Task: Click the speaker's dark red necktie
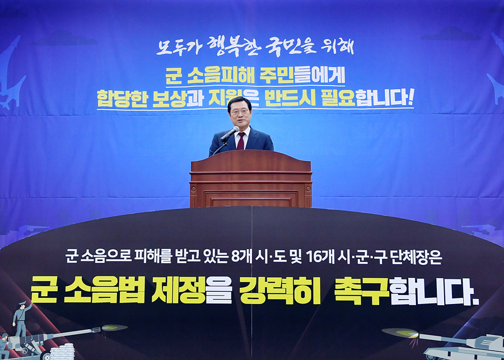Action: point(241,141)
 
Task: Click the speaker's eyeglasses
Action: point(240,112)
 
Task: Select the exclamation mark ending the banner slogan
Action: point(410,97)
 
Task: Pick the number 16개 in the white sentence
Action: point(320,256)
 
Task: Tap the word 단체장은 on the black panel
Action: point(416,257)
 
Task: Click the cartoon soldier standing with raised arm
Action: point(21,319)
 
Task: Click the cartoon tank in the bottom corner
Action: point(463,347)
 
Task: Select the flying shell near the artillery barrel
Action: point(114,328)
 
